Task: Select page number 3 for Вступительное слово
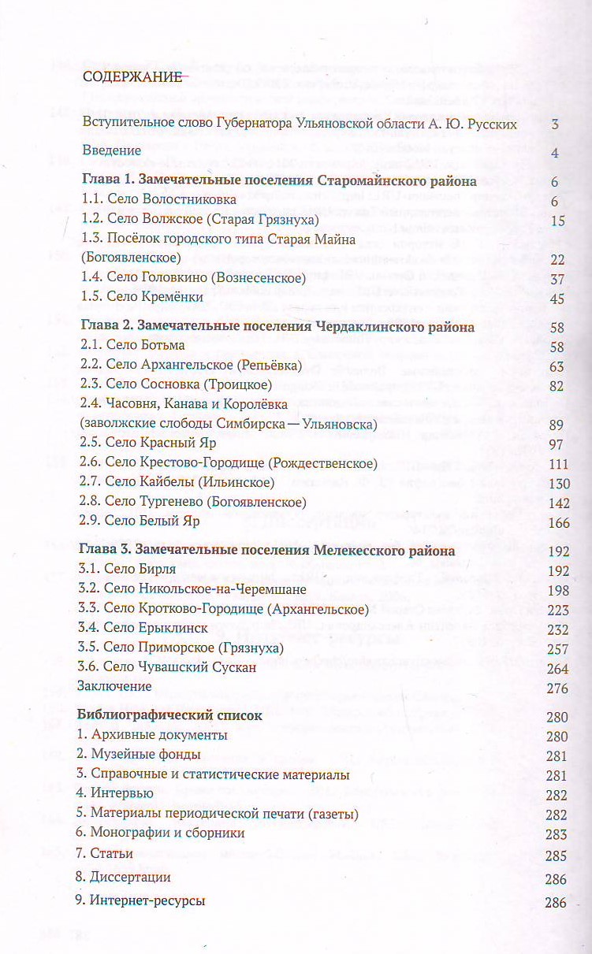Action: pyautogui.click(x=555, y=124)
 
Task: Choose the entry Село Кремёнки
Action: pyautogui.click(x=143, y=297)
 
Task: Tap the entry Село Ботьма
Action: pyautogui.click(x=132, y=346)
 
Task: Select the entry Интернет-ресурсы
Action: pyautogui.click(x=141, y=901)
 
